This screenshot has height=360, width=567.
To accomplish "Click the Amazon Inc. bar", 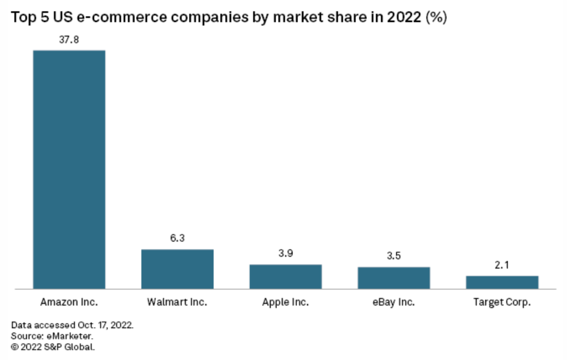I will point(69,169).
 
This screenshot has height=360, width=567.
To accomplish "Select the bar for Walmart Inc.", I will point(178,269).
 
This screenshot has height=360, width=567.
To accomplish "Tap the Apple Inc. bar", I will point(286,276).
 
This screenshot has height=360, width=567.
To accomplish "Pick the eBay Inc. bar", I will point(394,278).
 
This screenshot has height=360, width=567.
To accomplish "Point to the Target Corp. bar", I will point(502,282).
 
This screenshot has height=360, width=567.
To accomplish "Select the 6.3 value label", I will point(178,238).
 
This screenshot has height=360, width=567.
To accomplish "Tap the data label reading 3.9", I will point(286,253).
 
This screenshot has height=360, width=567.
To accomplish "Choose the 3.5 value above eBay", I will point(394,256).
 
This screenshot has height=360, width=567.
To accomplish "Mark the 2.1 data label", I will point(502,265).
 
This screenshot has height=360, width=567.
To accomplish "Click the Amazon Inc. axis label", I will point(69,302).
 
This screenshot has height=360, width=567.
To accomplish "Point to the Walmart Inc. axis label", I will point(177,302).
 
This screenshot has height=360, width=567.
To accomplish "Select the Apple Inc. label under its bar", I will point(285,302).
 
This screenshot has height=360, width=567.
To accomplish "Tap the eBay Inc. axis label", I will point(393,302).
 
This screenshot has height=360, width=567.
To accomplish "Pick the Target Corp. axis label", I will point(502,302).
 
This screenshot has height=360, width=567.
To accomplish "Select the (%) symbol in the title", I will point(436,17).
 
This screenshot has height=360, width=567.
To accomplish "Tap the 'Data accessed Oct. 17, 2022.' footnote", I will point(72,325).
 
